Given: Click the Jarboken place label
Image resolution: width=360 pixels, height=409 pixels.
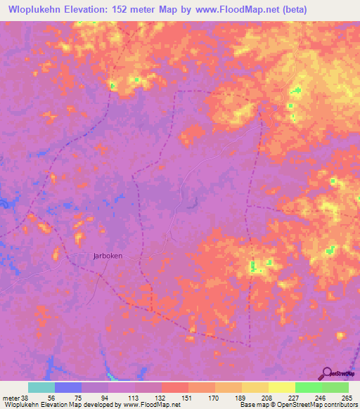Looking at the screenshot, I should pos(108,256).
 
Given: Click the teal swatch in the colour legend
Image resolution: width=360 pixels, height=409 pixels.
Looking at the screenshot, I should pos(41,387).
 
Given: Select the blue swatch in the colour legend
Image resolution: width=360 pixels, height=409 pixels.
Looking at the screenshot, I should pos(68,387).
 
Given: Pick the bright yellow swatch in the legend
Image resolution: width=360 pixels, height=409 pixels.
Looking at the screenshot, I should pos(281,387).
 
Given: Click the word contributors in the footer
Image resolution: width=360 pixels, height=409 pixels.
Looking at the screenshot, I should pos(340,405).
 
